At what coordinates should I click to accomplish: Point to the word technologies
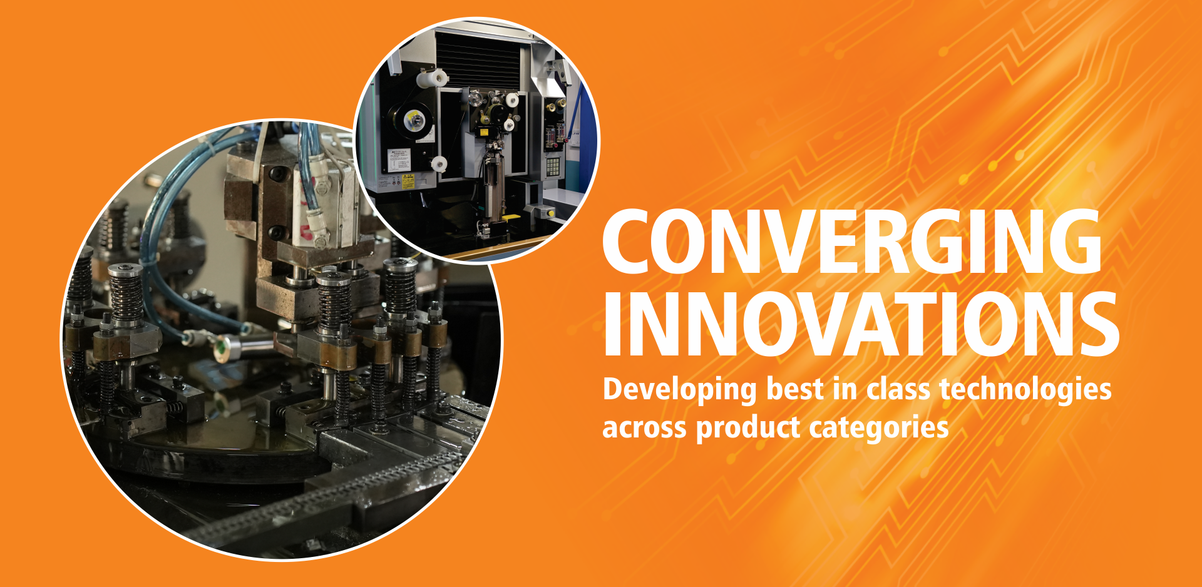click(1025, 390)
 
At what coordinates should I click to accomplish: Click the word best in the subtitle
click(794, 390)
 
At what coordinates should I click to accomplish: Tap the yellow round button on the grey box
click(552, 213)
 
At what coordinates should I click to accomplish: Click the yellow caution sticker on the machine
click(408, 181)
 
